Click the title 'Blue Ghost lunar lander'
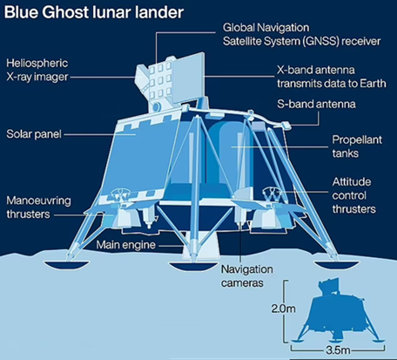coord(94,12)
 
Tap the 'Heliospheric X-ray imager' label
coord(37,70)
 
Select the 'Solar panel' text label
coord(34,134)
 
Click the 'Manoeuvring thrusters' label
coord(38,207)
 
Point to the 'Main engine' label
coord(126,245)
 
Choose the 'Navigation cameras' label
coord(246,276)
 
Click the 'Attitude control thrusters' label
coord(354,195)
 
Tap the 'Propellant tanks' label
coord(357,146)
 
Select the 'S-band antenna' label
coord(316,104)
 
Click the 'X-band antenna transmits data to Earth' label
coord(332,77)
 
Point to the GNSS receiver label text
coord(301,34)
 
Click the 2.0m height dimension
coord(283,309)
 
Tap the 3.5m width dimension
coord(338,350)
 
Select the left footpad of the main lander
coord(66,265)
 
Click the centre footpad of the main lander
coord(193,266)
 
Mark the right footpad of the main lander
coord(338,265)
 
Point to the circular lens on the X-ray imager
coord(157,107)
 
